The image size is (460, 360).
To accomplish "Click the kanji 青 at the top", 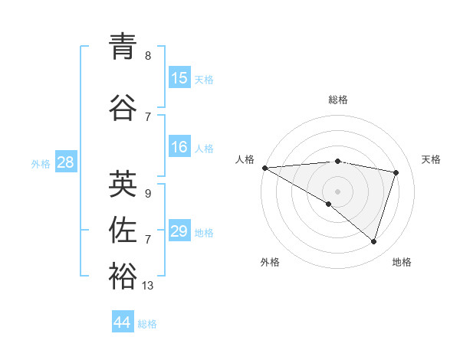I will coord(123,47).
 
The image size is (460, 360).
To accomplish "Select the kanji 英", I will coord(123,184).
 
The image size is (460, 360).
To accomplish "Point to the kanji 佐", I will coord(123,230).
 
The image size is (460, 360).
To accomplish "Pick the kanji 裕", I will coord(123,277).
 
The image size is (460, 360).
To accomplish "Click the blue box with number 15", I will coord(179,78).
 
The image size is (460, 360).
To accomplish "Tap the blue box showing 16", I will coord(179,147).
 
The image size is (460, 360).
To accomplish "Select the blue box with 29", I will coord(179,231).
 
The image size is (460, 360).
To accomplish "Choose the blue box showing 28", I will coord(64,162).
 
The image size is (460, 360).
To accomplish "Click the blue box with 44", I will coord(123,322).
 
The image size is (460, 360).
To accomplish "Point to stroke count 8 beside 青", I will coord(148,56).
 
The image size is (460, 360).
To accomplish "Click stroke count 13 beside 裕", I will coord(148,286).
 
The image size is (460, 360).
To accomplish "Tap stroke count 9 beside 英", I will coord(148,194).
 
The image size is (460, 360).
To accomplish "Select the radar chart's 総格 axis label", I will coord(337,100).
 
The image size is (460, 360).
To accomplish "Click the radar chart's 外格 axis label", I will coord(270,263).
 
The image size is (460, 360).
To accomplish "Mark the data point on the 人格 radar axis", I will coord(264,167).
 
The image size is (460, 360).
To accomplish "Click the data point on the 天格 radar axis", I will coord(396,172).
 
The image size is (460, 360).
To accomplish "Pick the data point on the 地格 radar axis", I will coord(373,242).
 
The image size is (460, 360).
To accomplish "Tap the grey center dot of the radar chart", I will coord(337,190).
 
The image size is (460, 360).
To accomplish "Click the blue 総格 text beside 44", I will coord(147,324).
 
